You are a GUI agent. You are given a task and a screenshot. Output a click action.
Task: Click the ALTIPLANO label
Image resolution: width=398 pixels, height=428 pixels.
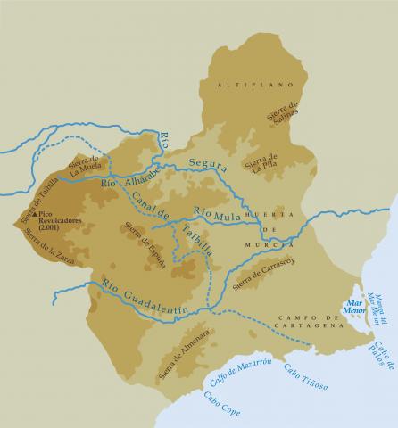click(243, 84)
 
